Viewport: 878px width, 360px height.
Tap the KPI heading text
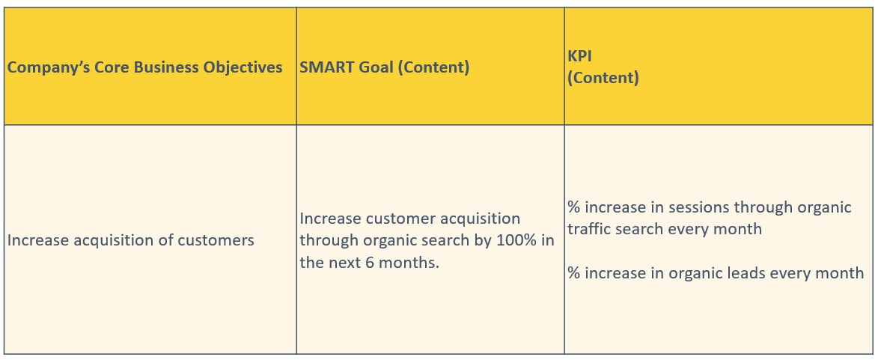pyautogui.click(x=579, y=56)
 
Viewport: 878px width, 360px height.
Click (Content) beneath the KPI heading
pyautogui.click(x=603, y=78)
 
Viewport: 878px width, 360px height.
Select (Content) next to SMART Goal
pyautogui.click(x=434, y=68)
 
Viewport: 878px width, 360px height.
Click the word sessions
pyautogui.click(x=698, y=207)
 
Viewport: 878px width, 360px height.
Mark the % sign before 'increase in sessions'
pyautogui.click(x=574, y=207)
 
